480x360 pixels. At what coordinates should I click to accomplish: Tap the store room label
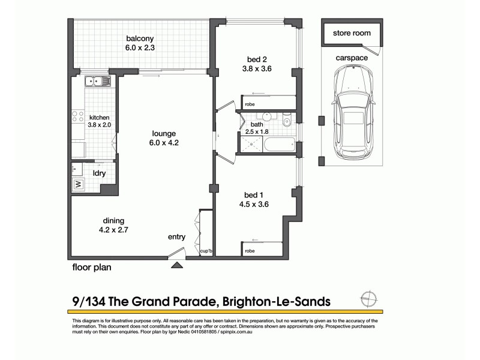click(352, 34)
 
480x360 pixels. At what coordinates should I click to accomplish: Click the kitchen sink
click(96, 81)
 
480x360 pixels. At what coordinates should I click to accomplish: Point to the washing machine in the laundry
click(78, 184)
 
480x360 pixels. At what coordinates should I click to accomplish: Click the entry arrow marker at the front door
click(178, 263)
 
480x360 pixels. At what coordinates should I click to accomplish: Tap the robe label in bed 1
click(250, 251)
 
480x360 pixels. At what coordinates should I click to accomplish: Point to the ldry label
click(99, 173)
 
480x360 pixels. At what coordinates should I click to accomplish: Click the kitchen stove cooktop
click(78, 118)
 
